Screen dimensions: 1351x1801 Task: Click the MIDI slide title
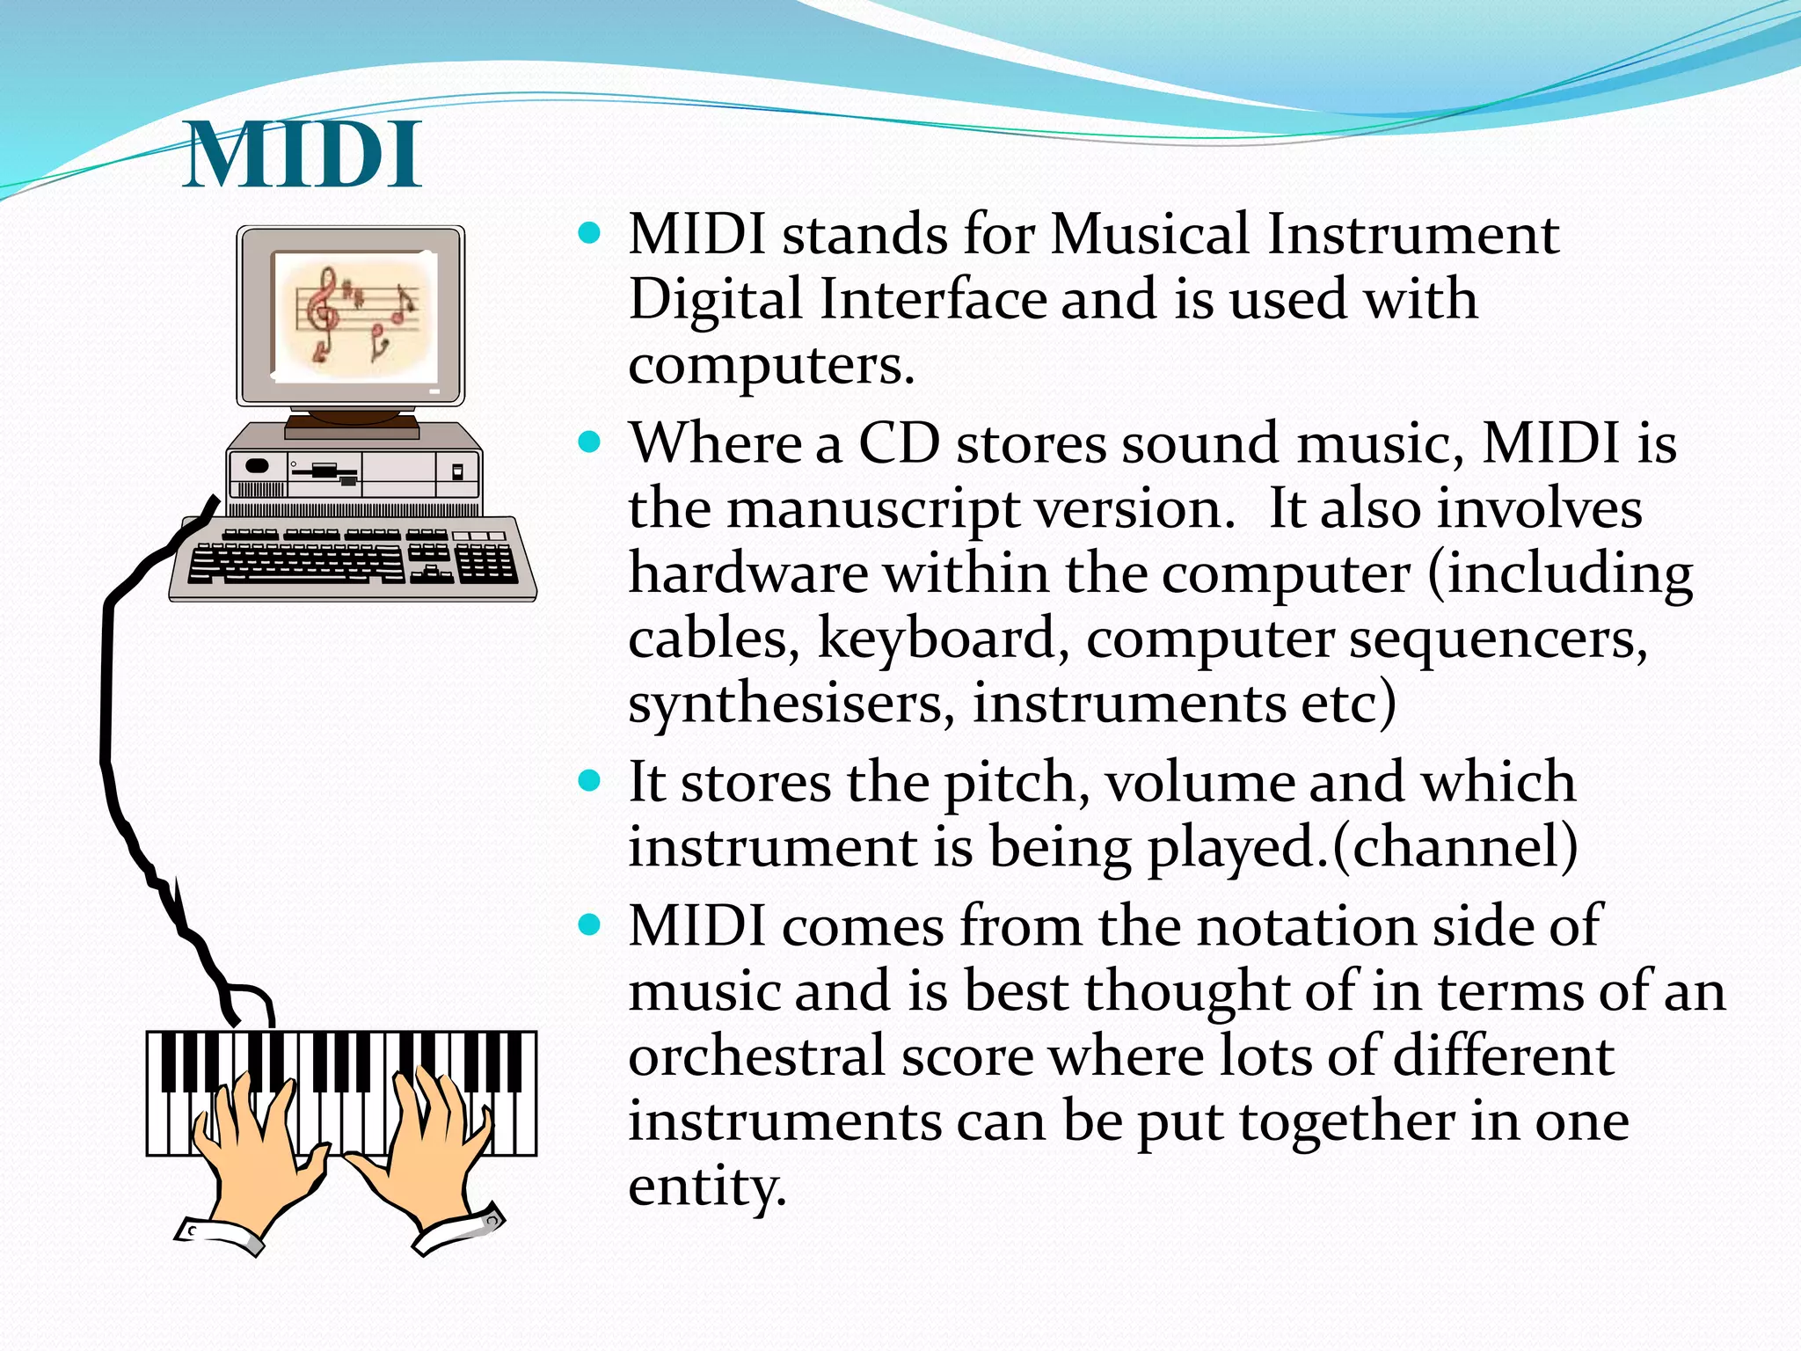pyautogui.click(x=303, y=156)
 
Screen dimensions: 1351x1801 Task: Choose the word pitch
pyautogui.click(x=1010, y=783)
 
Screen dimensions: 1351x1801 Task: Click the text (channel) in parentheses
pyautogui.click(x=1455, y=847)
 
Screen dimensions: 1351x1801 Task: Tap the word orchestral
pyautogui.click(x=756, y=1055)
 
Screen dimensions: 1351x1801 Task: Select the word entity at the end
pyautogui.click(x=706, y=1186)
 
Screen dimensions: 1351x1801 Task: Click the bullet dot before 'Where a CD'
pyautogui.click(x=590, y=441)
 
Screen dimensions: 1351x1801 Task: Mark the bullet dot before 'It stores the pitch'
pyautogui.click(x=590, y=780)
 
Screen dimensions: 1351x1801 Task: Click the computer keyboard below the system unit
pyautogui.click(x=352, y=559)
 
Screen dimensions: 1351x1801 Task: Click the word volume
pyautogui.click(x=1199, y=783)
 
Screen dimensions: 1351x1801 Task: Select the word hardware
pyautogui.click(x=748, y=573)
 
